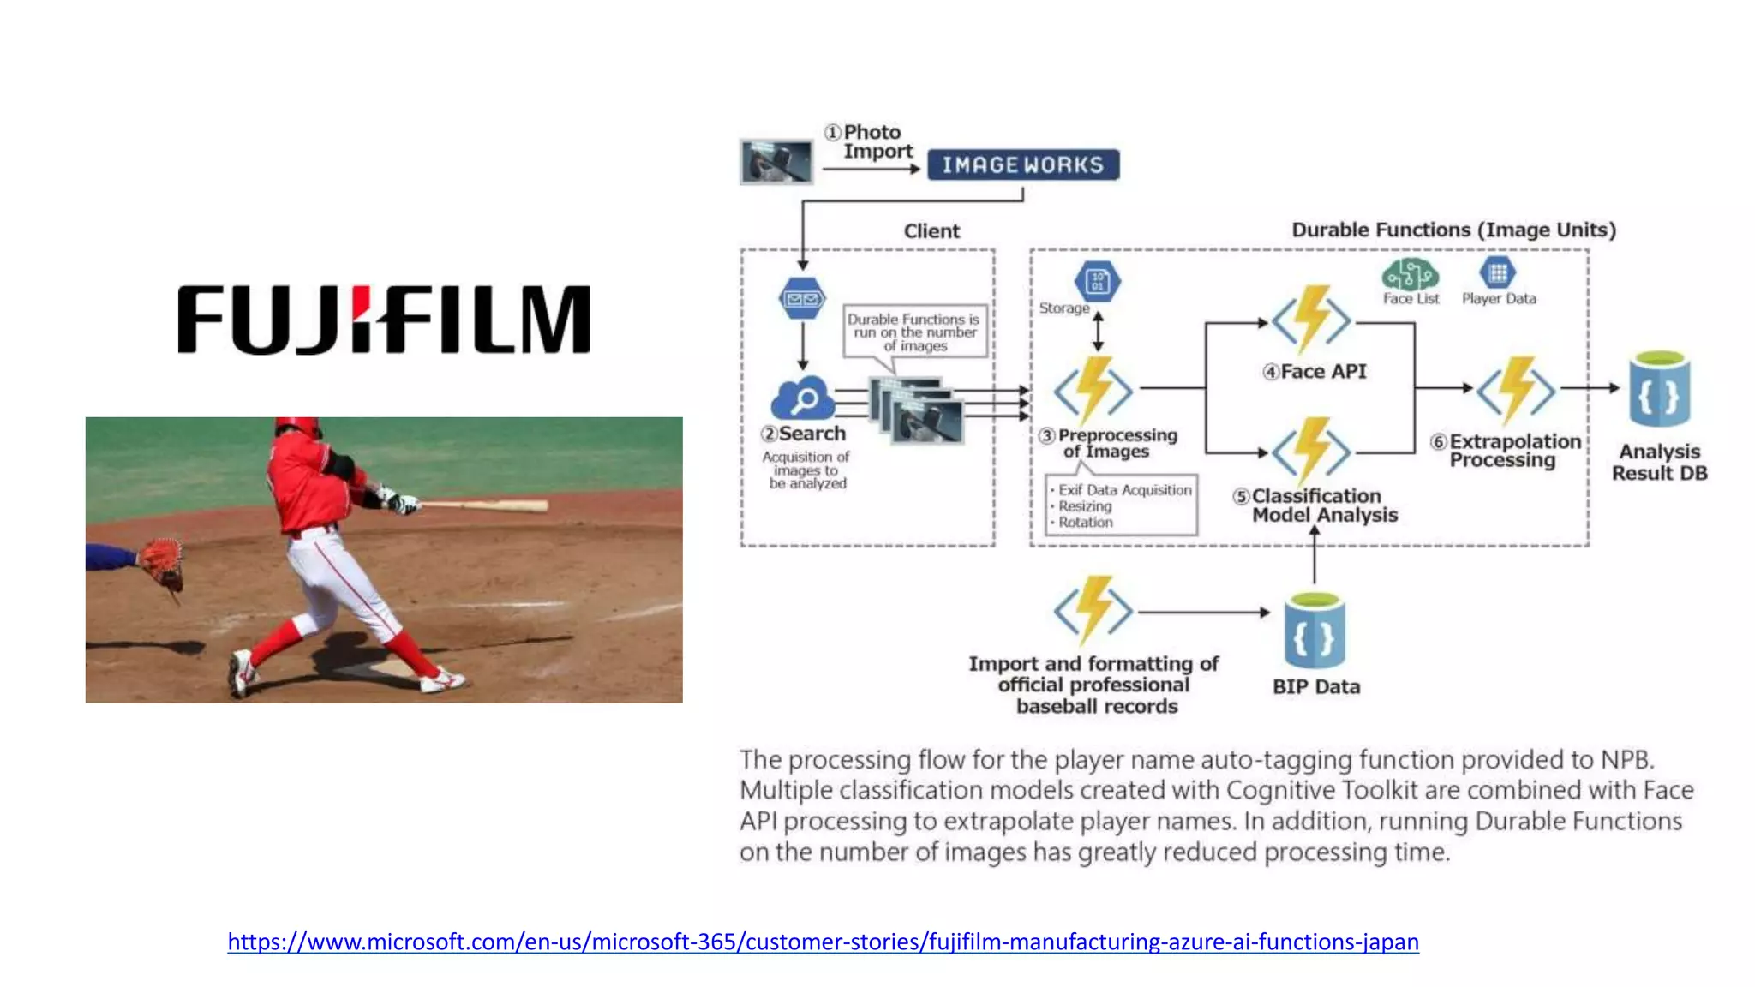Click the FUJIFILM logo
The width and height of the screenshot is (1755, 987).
tap(383, 319)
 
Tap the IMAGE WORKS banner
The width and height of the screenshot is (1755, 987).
tap(1023, 164)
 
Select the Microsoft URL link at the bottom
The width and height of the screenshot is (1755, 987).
tap(823, 942)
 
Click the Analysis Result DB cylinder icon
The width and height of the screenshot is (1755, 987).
tap(1660, 390)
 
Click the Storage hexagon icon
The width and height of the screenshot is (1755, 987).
tap(1098, 281)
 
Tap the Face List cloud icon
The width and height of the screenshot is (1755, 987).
tap(1410, 275)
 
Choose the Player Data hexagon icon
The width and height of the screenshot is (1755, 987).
tap(1498, 273)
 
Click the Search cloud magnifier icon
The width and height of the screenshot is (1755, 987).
tap(802, 398)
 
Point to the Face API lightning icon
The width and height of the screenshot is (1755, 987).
tap(1311, 320)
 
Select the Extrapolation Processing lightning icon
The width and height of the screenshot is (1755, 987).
tap(1516, 390)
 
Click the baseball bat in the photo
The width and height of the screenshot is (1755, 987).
tap(488, 505)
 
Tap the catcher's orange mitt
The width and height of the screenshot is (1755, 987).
tap(162, 559)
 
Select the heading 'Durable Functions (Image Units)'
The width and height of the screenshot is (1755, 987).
tap(1453, 230)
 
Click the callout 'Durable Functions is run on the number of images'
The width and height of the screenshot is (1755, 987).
tap(914, 332)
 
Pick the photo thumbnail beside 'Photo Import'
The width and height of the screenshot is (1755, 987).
tap(776, 161)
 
